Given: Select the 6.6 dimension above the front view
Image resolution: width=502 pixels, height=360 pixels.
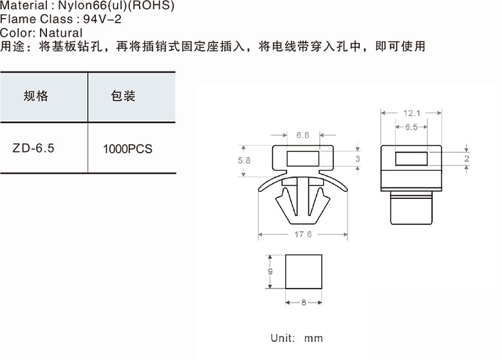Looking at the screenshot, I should coord(302,135).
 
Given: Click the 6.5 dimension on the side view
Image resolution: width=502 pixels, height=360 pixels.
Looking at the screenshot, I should coord(411,128).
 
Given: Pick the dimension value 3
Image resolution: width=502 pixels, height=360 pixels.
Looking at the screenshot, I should coord(357,159).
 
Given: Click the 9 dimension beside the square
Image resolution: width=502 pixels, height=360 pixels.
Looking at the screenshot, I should coord(270,272).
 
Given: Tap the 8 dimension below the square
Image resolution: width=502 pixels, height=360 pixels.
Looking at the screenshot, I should coord(303,302).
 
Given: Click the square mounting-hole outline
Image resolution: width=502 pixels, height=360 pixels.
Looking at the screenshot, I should coord(303,271).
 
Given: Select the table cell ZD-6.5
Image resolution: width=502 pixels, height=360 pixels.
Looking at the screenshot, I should coord(33,147).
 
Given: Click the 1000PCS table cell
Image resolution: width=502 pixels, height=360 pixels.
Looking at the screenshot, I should coord(127,149).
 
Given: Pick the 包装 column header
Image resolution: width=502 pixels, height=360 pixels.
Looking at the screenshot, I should coord(123,97).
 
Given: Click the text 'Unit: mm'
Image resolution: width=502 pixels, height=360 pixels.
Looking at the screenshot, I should coord(297,338).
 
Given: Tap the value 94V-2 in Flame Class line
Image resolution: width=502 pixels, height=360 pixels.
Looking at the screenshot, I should coord(103,19).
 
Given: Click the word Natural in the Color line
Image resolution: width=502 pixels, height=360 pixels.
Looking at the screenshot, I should coord(60,32).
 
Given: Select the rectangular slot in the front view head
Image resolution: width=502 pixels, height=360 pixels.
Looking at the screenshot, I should coord(302,158).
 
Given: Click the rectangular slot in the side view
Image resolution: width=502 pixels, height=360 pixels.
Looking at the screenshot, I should coord(411,158).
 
